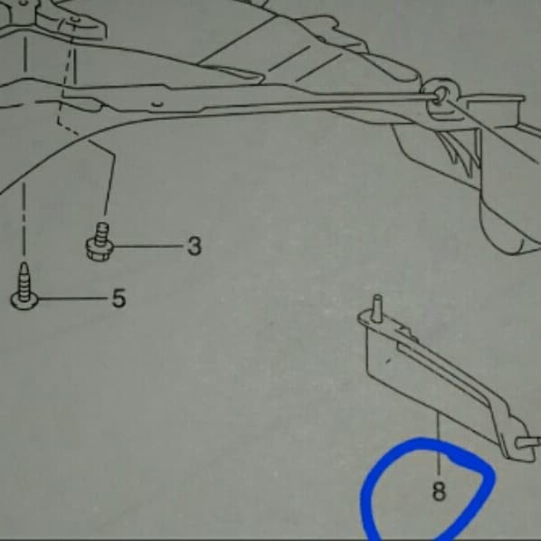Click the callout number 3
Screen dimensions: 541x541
coord(194,245)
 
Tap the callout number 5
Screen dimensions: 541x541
coord(119,298)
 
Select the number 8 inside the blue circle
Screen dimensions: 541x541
coord(439,493)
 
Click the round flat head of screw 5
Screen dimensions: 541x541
coord(24,296)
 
